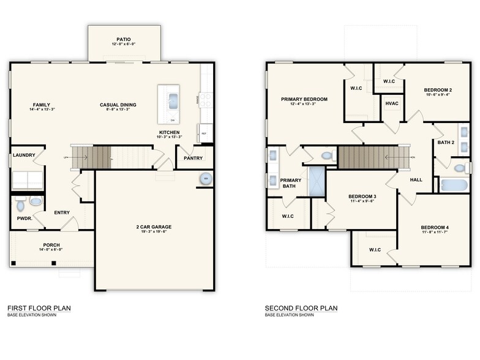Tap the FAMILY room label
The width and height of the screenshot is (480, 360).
coord(42,105)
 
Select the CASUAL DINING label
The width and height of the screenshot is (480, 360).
coord(118,105)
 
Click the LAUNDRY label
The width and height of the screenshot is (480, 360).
coord(24,155)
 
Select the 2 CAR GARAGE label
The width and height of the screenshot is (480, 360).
coord(154,227)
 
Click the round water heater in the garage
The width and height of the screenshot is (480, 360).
coord(205,179)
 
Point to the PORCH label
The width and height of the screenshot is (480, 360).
coord(51,245)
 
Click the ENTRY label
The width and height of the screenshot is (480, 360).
coord(61,212)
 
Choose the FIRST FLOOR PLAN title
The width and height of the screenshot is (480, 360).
coord(38,308)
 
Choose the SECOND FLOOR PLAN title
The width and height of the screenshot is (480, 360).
coord(301,308)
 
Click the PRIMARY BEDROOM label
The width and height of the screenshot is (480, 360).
coord(304,99)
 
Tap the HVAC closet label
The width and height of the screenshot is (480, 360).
coord(392,103)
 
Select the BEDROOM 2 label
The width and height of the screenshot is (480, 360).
coord(438,91)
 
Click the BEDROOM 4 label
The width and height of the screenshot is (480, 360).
coord(434,227)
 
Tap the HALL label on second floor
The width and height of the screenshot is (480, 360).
coord(416,180)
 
